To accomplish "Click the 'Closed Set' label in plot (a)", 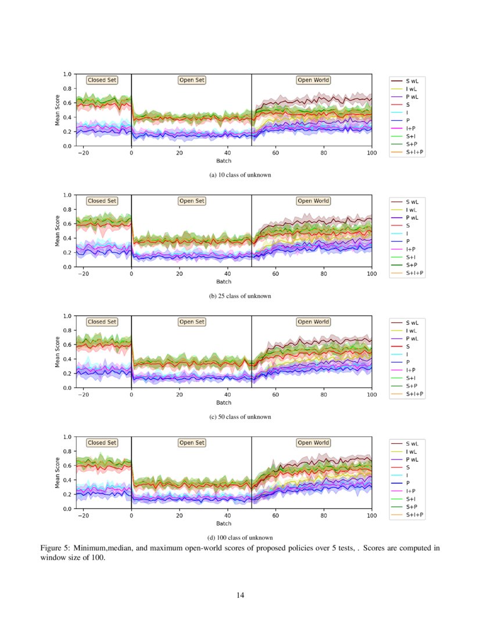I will pyautogui.click(x=102, y=81).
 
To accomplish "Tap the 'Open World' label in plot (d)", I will pyautogui.click(x=313, y=443).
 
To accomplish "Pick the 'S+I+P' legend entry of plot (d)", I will pyautogui.click(x=414, y=515).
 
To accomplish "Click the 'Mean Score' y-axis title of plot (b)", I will pyautogui.click(x=58, y=231).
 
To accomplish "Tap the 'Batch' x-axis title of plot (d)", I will pyautogui.click(x=224, y=523).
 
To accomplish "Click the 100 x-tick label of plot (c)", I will pyautogui.click(x=371, y=394).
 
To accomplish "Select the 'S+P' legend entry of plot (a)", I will pyautogui.click(x=412, y=144).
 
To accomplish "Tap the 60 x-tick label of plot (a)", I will pyautogui.click(x=275, y=153).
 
